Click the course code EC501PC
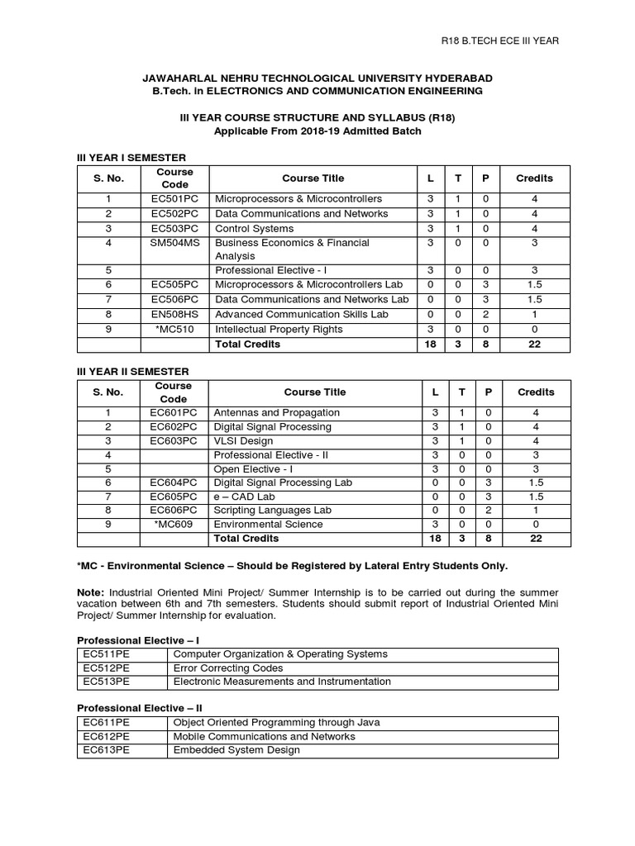click(174, 199)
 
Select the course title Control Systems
click(254, 228)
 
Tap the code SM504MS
click(174, 243)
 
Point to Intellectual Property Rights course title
click(278, 330)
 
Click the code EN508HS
click(174, 315)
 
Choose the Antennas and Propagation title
click(276, 412)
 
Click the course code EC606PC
click(174, 510)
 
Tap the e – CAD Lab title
click(244, 496)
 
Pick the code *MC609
click(174, 524)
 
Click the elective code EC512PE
click(107, 668)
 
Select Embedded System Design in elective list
click(236, 750)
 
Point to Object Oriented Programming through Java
click(276, 722)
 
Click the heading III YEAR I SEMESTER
click(131, 157)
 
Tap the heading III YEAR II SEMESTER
click(133, 372)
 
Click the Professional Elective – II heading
click(140, 708)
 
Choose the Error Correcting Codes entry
click(228, 668)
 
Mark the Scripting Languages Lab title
click(272, 510)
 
